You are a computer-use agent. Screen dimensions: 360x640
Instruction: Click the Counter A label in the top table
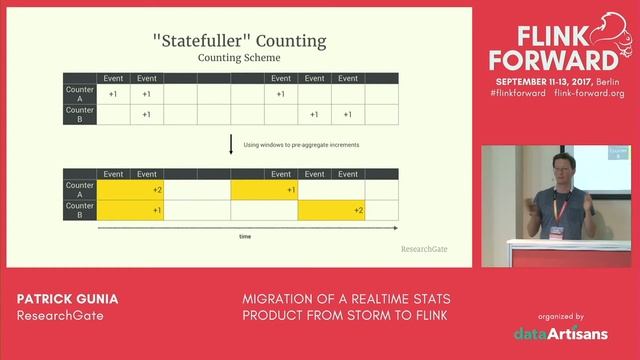tap(80, 93)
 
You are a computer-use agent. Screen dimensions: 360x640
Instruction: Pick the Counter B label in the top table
tap(80, 114)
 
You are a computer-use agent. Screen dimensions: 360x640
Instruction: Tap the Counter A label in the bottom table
tap(80, 189)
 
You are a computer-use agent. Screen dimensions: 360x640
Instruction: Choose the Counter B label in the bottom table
tap(80, 210)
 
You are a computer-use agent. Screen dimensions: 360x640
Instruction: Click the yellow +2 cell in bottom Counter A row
tap(130, 189)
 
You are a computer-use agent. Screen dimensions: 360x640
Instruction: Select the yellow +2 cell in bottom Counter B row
tap(331, 210)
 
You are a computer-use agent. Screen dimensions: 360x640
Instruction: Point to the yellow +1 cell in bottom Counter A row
tap(264, 189)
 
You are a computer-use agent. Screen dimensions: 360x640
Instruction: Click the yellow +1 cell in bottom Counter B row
tap(130, 210)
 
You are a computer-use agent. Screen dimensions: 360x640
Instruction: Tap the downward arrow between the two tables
tap(231, 145)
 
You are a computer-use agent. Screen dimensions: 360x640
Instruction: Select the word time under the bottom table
tap(245, 237)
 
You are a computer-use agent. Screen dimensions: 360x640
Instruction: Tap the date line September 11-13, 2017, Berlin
tap(556, 79)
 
